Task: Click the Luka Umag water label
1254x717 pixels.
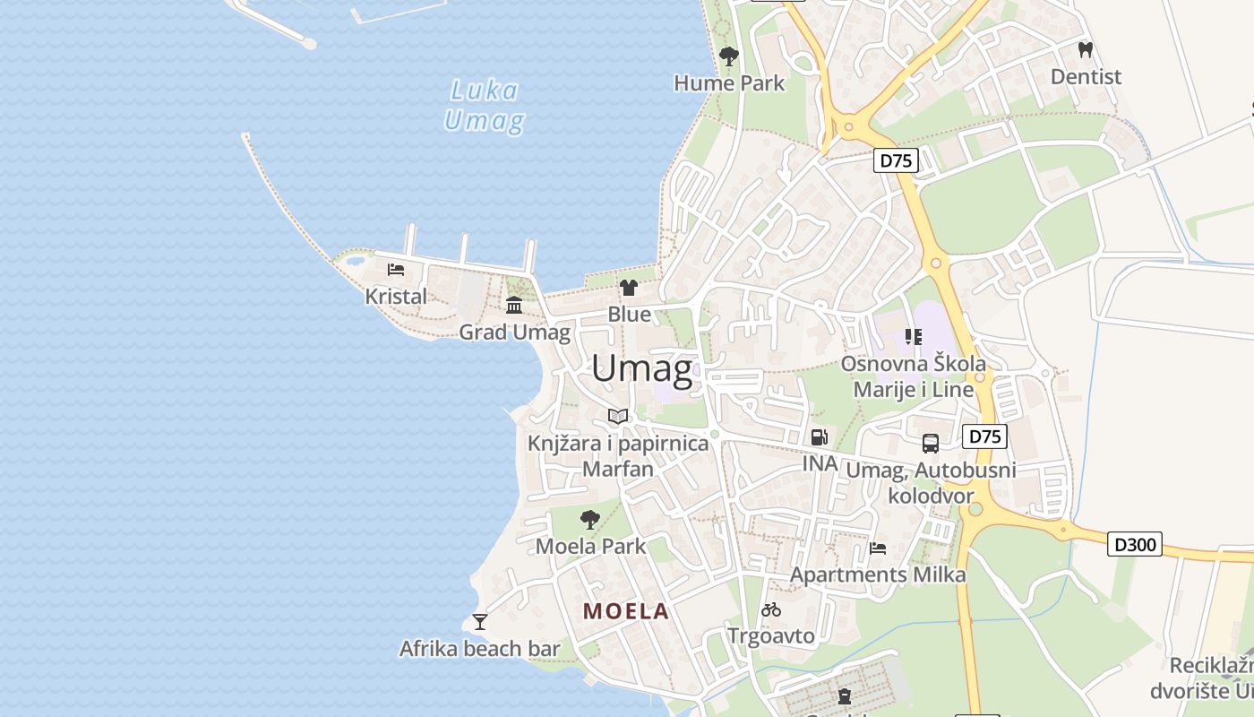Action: pos(484,105)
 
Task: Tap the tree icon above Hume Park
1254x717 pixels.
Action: pos(729,56)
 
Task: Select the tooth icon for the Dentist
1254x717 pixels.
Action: pos(1086,50)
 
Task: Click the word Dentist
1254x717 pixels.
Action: pos(1086,77)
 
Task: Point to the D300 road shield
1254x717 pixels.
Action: pos(1134,543)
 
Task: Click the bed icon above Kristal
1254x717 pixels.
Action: pos(396,269)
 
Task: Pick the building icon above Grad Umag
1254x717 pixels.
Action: pos(514,306)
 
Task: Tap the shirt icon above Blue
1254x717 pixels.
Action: pos(629,288)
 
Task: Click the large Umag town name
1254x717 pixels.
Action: pos(641,369)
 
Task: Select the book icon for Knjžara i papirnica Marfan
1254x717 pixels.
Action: pos(618,416)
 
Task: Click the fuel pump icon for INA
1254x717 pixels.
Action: pos(819,437)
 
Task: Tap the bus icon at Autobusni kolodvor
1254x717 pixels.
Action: pos(931,443)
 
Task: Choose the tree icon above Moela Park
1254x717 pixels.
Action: pos(589,519)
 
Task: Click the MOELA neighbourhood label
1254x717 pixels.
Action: pos(626,611)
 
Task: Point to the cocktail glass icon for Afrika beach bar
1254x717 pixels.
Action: pos(480,621)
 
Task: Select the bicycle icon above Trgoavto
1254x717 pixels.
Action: pos(771,609)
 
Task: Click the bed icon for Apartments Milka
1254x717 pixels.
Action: pos(878,548)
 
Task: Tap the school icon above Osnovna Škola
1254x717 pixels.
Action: pos(913,337)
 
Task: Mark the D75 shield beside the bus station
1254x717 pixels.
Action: pos(984,436)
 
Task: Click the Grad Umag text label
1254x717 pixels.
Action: pos(514,333)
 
